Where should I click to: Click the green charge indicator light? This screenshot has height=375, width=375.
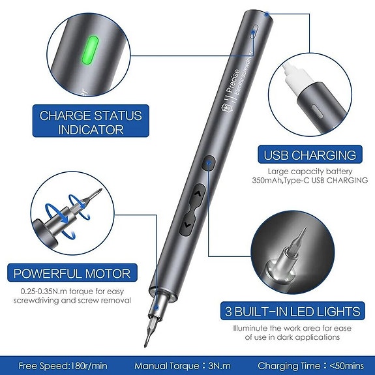[91, 52]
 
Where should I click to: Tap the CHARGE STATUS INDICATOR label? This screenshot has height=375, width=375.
[91, 123]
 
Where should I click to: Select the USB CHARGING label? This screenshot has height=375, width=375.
[310, 155]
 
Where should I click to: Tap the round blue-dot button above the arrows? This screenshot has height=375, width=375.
[208, 162]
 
